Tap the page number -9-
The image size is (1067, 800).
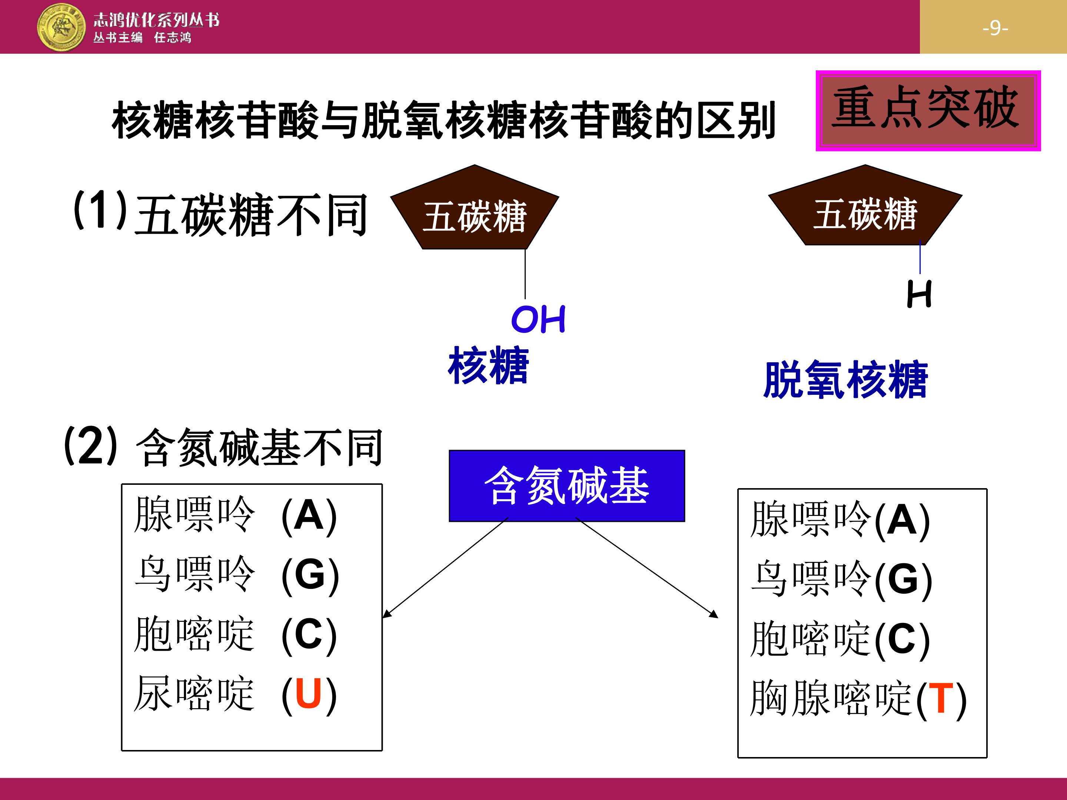coord(995,28)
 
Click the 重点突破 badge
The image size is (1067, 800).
coord(928,110)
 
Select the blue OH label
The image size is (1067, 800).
coord(538,319)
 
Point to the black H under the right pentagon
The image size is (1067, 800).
coord(919,294)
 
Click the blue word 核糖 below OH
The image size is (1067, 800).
coord(488,366)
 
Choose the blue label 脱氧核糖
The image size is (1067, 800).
coord(845,380)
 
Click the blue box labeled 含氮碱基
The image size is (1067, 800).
coord(567,486)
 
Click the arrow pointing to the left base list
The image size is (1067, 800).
coord(445,567)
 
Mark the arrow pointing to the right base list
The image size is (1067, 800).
coord(647,567)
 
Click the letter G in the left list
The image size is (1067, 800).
coord(310,574)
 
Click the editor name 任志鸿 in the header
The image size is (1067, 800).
coord(173,38)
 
